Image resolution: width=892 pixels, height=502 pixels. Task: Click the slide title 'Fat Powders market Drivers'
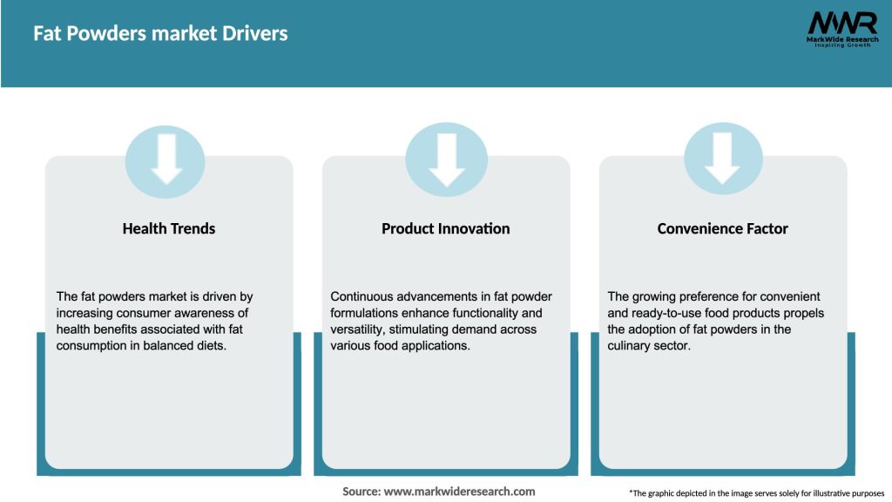click(x=160, y=34)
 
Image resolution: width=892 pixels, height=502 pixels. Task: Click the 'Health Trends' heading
click(x=168, y=228)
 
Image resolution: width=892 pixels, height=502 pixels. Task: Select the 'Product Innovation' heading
click(x=445, y=228)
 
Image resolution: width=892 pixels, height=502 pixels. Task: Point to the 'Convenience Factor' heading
click(x=722, y=228)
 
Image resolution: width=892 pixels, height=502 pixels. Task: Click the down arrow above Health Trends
click(x=166, y=159)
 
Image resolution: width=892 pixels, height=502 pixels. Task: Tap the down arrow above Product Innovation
click(x=446, y=159)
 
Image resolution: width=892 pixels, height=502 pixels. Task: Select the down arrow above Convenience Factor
click(x=722, y=159)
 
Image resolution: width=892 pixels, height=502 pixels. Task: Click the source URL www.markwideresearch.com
click(x=459, y=492)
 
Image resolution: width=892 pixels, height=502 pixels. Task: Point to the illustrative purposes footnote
click(x=756, y=493)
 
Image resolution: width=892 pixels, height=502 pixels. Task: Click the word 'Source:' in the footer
click(x=362, y=492)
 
